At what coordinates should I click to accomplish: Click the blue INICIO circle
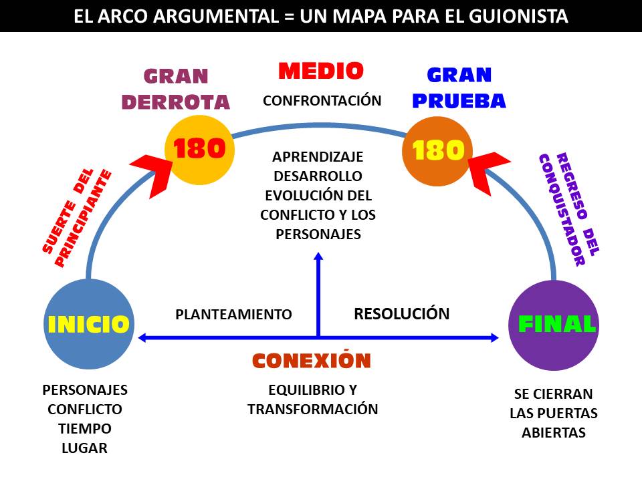88,325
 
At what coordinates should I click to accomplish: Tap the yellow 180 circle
199,150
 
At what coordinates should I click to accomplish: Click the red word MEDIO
321,71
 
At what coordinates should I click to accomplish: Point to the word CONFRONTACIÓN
322,101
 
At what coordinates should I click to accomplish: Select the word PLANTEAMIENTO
233,314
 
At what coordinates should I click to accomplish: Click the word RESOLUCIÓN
401,313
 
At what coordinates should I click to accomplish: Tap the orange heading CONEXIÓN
311,361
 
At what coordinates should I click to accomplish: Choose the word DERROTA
186,102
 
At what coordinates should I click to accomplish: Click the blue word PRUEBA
459,101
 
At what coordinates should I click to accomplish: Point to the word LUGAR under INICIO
84,448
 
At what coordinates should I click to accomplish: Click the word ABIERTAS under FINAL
554,432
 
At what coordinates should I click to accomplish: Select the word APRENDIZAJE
318,157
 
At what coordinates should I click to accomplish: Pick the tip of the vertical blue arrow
318,255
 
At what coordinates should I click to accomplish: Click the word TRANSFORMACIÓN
313,409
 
